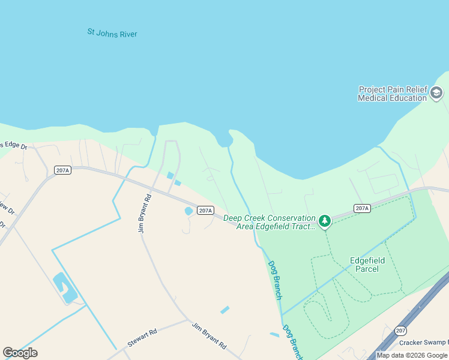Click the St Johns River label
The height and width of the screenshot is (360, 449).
[112, 33]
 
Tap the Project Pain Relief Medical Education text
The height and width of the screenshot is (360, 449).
[392, 94]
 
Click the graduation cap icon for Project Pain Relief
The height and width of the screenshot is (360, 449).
[436, 93]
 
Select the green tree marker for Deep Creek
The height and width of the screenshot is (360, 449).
[325, 222]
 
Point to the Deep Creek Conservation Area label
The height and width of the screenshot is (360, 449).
[270, 222]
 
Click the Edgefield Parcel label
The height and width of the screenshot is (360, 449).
[364, 265]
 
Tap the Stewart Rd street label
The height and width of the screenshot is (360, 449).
[142, 338]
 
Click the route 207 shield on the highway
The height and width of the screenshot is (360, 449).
[401, 331]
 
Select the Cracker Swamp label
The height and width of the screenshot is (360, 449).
[423, 343]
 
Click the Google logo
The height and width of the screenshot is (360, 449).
[20, 352]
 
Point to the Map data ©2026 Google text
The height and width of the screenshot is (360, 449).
[412, 355]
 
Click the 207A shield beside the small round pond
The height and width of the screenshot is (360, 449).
[205, 211]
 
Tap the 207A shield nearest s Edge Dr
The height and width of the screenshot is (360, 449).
[62, 170]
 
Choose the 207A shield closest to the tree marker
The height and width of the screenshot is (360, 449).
[361, 208]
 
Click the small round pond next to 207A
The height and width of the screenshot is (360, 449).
[188, 211]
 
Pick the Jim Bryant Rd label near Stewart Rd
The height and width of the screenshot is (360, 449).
[209, 336]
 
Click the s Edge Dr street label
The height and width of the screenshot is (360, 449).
[14, 145]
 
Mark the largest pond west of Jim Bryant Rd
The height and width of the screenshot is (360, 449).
[65, 287]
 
